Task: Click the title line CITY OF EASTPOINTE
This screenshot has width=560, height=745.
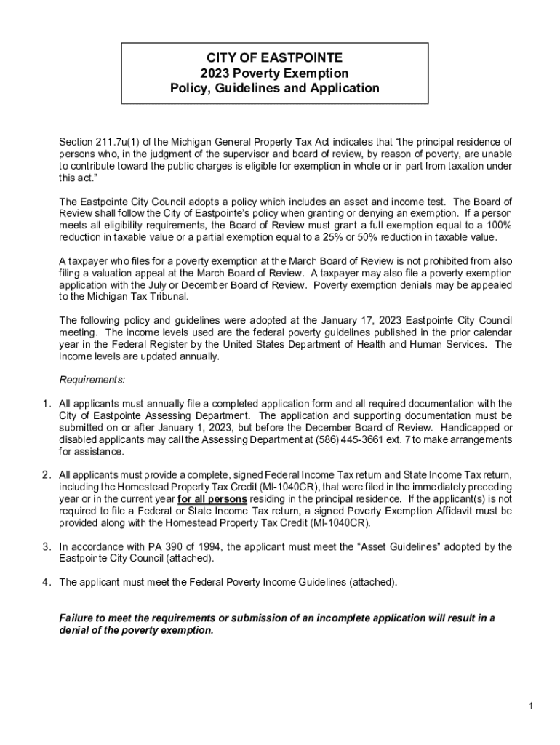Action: coord(275,57)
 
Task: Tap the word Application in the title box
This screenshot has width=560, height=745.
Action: coord(345,89)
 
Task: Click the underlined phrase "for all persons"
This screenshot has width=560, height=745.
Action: coord(212,499)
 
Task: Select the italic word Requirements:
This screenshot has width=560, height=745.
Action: coord(92,380)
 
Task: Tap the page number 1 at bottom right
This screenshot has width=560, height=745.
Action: coord(533,706)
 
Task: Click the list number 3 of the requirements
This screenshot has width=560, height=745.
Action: coord(45,546)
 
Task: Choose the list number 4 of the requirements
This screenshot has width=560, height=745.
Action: coord(45,582)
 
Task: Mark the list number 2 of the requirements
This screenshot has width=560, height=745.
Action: coord(45,475)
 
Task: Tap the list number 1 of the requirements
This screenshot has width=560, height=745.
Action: coord(45,404)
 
